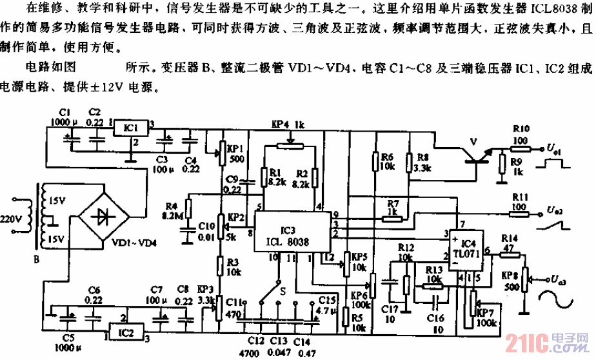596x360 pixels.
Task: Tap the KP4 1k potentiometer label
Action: (288, 123)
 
